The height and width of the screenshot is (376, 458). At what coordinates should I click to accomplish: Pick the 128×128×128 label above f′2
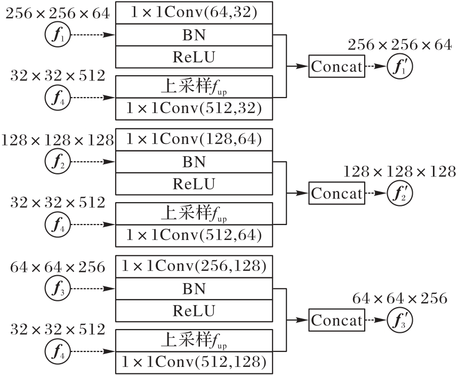pyautogui.click(x=399, y=172)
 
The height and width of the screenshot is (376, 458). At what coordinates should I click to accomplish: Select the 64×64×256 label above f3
pyautogui.click(x=58, y=267)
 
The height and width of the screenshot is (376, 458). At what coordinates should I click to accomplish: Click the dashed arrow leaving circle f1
pyautogui.click(x=93, y=35)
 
